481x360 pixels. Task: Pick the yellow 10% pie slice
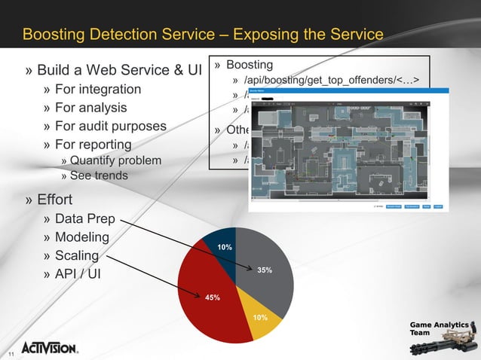pos(261,321)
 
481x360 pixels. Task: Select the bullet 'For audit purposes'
pos(110,126)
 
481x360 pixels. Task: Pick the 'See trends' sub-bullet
pos(99,175)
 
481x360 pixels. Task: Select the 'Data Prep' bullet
pos(84,219)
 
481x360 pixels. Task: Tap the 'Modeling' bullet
pos(81,237)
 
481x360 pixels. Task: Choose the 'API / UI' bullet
pos(78,273)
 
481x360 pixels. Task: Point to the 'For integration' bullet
pos(97,90)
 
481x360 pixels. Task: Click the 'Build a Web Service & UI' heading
pos(119,70)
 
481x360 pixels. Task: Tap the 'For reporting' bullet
pos(93,144)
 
